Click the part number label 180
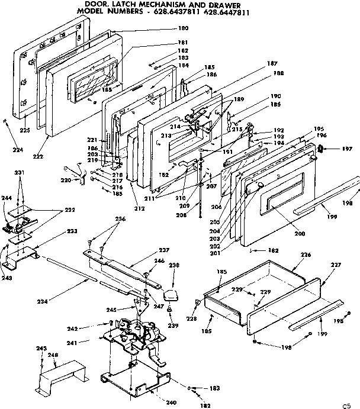point(184,28)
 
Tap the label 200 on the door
point(300,234)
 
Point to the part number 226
point(306,255)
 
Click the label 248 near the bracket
point(53,355)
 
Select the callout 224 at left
point(18,150)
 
